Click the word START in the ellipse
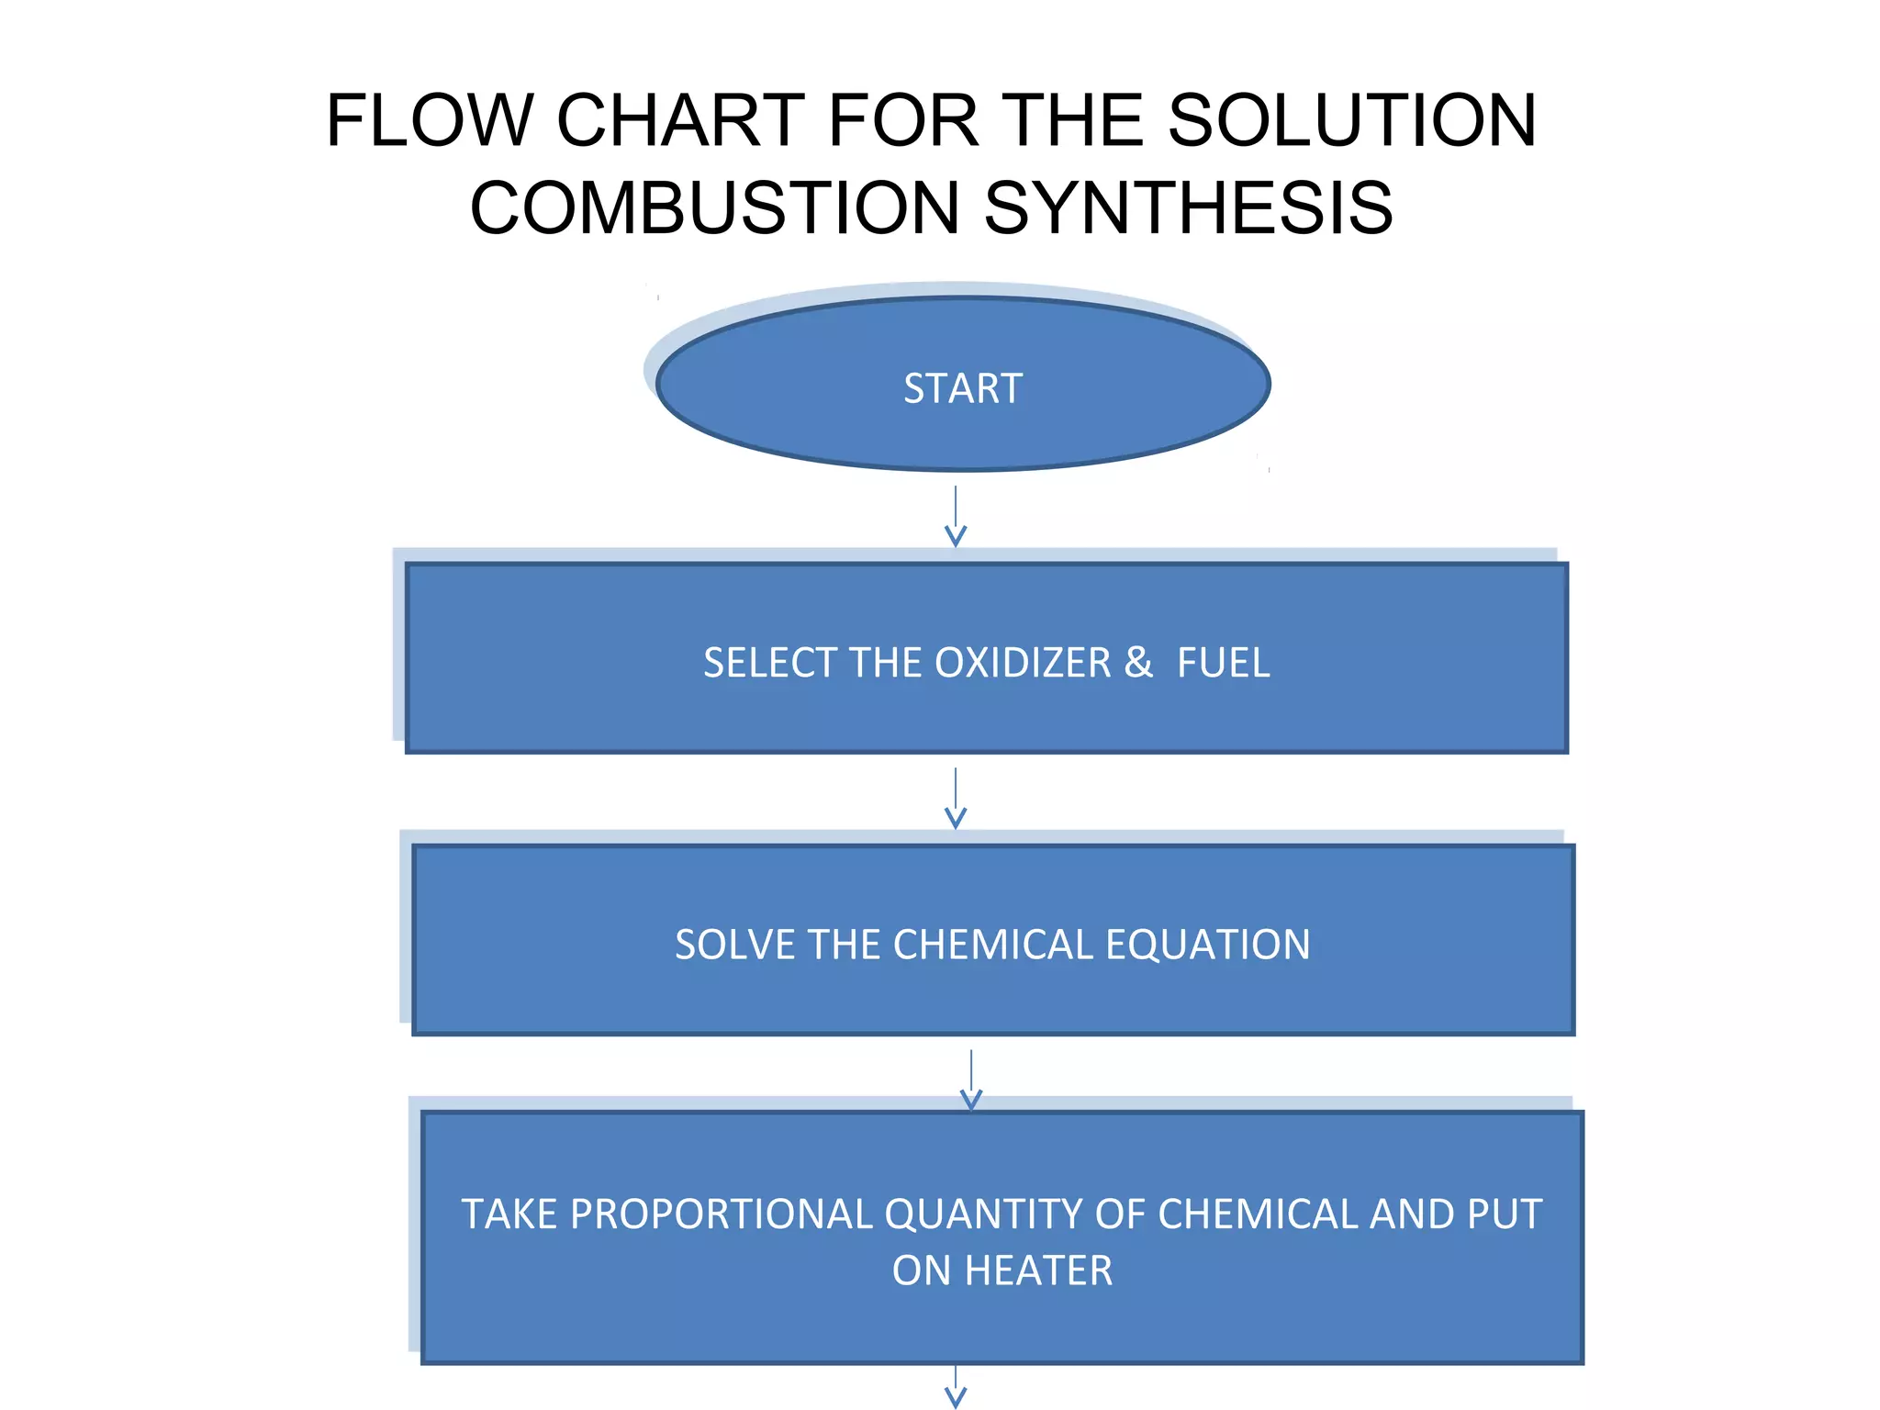click(962, 388)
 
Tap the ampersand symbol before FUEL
click(1138, 663)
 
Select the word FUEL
click(1223, 663)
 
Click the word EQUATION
click(1207, 945)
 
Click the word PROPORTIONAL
click(721, 1214)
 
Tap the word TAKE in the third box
click(509, 1214)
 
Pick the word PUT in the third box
click(1504, 1214)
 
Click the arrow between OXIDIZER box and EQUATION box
click(956, 799)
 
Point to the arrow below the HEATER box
click(956, 1388)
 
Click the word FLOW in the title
click(430, 120)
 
